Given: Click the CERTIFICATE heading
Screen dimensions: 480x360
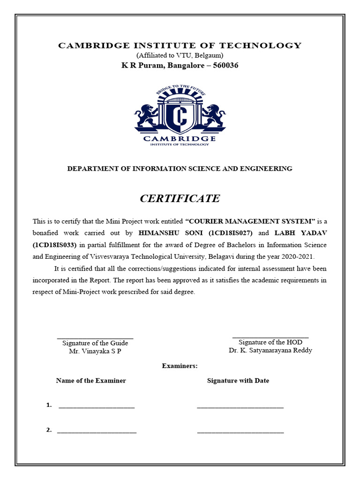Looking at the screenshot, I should coord(180,198).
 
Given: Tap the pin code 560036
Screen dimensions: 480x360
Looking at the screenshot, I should coord(226,65).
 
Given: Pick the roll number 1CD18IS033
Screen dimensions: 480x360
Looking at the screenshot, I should coord(57,245).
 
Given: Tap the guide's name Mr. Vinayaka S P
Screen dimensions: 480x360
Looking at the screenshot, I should coord(95,351).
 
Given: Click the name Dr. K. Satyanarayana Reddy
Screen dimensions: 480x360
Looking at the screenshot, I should coord(270,350).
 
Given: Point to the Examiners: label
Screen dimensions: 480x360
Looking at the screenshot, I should coord(180,366).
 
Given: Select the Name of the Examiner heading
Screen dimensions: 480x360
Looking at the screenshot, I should coord(91,381).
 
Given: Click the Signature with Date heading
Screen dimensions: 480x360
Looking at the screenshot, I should coord(238,381).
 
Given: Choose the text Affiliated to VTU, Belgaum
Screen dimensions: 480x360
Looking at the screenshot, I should coord(180,55).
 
